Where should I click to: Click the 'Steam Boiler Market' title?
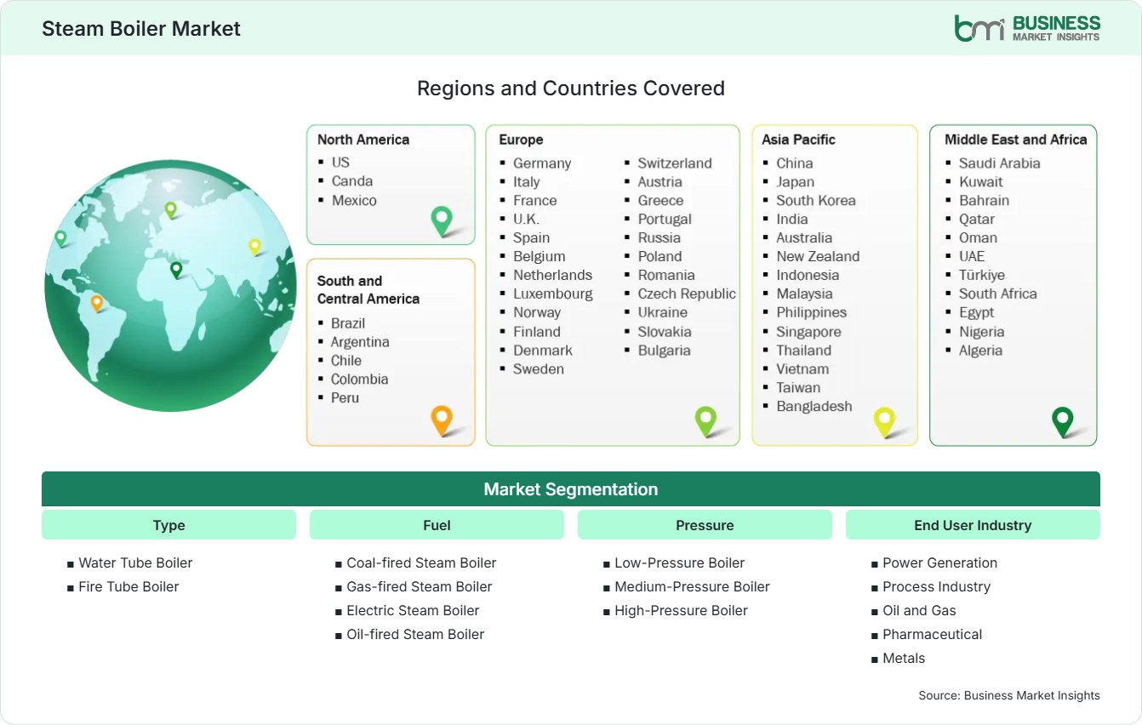(x=140, y=29)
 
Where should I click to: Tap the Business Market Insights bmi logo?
(x=1027, y=29)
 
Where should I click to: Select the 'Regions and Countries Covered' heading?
(x=570, y=88)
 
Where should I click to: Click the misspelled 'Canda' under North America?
(x=352, y=181)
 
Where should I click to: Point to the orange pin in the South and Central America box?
(x=442, y=420)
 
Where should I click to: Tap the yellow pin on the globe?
(x=254, y=248)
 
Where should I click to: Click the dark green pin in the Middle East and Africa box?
(x=1063, y=422)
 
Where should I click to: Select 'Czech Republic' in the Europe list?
(x=687, y=294)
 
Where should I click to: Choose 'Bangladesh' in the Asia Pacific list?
(x=814, y=407)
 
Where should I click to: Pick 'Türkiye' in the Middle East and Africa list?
(x=982, y=276)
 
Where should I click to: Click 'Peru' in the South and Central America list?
(x=345, y=397)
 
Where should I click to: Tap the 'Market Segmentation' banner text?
(x=570, y=489)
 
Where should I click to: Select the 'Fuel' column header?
(x=437, y=525)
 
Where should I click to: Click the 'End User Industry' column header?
(x=973, y=525)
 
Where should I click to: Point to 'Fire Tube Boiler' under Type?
(x=128, y=587)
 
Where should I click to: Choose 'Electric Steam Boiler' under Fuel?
(x=413, y=610)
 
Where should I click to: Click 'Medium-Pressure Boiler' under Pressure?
(x=692, y=587)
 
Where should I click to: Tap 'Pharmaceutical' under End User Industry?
(x=932, y=634)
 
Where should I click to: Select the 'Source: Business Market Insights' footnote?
(x=1009, y=695)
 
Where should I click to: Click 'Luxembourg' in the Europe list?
(x=552, y=294)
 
